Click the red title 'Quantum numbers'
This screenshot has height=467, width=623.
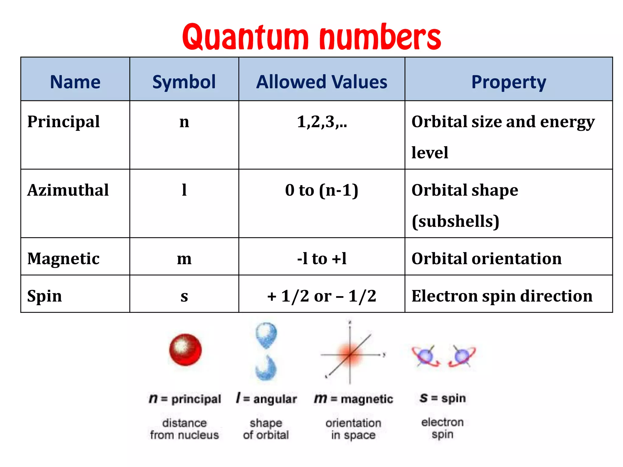(311, 37)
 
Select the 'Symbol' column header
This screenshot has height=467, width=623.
(184, 82)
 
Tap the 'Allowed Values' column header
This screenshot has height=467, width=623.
(322, 82)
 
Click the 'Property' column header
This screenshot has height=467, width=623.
(509, 82)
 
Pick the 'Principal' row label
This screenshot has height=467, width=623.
(64, 122)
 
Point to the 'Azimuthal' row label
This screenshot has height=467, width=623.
(68, 190)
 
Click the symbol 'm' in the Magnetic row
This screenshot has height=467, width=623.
(184, 259)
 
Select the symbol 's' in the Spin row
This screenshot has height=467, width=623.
(184, 296)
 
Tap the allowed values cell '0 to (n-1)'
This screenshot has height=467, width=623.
(322, 190)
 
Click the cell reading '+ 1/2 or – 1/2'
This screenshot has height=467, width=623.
(322, 296)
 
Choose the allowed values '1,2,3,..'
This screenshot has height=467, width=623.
(322, 122)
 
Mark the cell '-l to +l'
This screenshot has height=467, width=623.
(322, 259)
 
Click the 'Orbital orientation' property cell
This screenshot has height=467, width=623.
(486, 259)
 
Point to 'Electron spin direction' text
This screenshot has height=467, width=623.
(502, 296)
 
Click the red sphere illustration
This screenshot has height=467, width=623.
(185, 350)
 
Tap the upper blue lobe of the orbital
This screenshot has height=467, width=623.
(266, 334)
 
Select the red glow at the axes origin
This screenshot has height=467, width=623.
(350, 354)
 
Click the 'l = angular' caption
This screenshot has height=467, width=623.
(266, 399)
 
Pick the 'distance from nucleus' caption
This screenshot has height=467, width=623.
(184, 429)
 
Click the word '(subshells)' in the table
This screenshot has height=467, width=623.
(455, 221)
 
